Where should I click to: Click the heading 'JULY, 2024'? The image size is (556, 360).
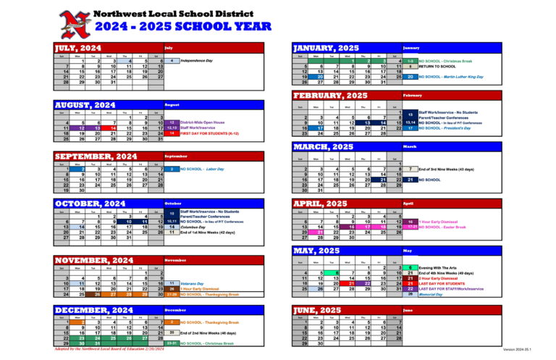[78, 49]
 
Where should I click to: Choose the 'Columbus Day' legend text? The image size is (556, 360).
[197, 227]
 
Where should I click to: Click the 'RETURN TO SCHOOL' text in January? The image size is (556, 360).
[437, 67]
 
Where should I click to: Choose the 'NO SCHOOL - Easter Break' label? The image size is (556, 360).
[444, 227]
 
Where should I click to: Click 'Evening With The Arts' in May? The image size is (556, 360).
[439, 267]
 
